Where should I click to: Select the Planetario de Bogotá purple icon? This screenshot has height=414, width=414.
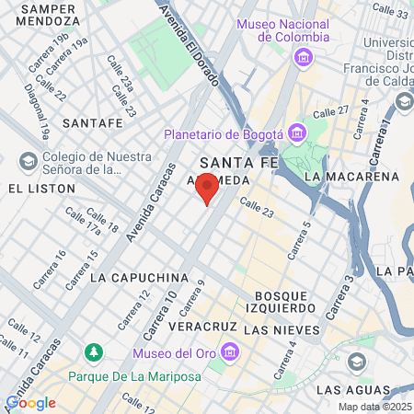point(296,134)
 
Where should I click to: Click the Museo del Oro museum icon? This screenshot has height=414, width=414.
point(230,353)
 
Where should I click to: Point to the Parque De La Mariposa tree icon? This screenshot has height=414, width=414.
point(93,353)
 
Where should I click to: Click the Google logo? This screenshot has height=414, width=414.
point(30,402)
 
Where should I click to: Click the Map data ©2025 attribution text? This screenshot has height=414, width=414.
point(374,407)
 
